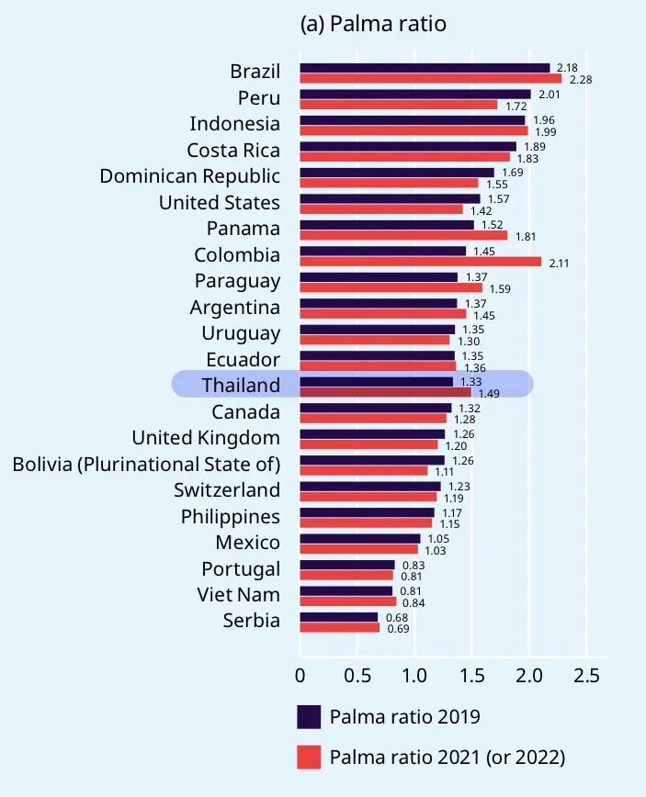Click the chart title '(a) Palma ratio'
[x=373, y=24]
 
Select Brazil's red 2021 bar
[x=430, y=79]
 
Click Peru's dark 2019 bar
[x=414, y=94]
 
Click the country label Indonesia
[x=234, y=124]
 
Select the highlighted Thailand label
[x=241, y=385]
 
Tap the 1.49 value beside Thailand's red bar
[x=489, y=393]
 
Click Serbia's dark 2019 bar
[x=338, y=617]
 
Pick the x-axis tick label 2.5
[x=585, y=676]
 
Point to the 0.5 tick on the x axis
[x=357, y=676]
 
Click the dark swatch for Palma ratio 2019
[x=309, y=716]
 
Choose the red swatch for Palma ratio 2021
[x=309, y=757]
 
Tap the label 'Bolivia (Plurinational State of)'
[x=146, y=464]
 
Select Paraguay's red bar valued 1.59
[x=391, y=288]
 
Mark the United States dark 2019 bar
[x=390, y=198]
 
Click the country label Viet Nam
[x=238, y=594]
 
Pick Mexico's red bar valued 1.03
[x=358, y=549]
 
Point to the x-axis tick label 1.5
[x=471, y=676]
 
